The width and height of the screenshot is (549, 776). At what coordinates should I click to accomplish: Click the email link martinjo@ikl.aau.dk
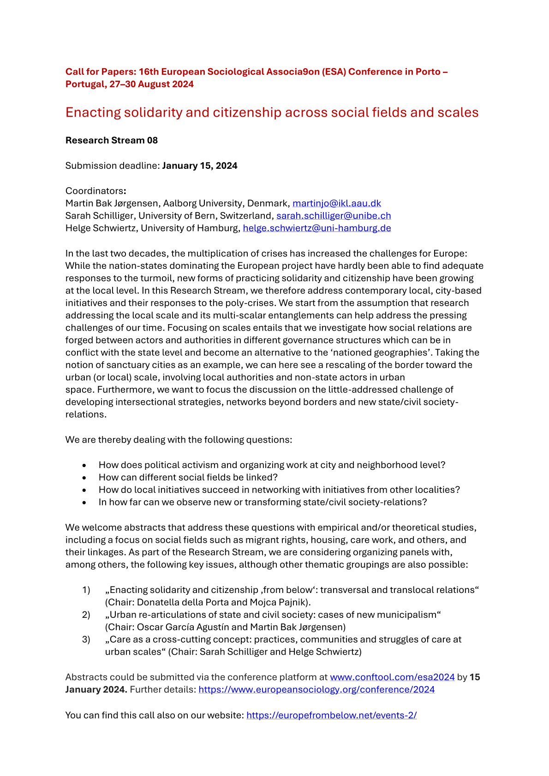336,203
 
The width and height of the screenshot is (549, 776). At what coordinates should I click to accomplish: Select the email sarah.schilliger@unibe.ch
334,216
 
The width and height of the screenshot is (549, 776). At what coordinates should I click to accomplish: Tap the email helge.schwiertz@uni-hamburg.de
317,228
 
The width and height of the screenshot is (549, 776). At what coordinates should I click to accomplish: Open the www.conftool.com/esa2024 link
392,677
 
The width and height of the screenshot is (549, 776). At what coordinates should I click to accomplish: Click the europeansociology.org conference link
316,690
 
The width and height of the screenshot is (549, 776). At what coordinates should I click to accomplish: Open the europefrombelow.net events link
331,715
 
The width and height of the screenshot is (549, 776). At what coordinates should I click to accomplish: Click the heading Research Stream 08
112,141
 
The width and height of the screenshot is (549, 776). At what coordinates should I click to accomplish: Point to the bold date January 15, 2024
200,166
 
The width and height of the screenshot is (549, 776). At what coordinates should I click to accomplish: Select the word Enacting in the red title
94,113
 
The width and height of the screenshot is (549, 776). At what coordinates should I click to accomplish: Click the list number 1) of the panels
86,590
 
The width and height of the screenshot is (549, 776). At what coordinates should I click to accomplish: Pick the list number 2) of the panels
86,615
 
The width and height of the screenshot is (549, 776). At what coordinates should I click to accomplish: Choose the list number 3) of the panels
86,640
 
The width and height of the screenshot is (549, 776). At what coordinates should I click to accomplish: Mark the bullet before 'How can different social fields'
84,478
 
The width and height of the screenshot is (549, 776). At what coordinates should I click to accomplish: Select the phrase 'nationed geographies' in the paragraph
384,353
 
